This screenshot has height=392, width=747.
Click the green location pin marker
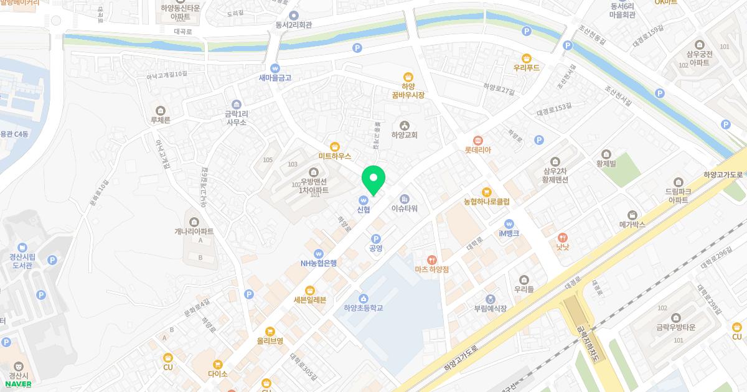click(x=374, y=180)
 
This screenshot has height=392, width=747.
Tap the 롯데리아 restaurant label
click(x=478, y=150)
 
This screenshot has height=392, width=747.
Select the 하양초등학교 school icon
click(x=363, y=297)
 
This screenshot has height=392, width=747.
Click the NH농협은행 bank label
click(x=318, y=263)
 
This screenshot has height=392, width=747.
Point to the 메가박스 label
click(x=632, y=223)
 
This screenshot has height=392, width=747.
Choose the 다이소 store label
click(x=217, y=373)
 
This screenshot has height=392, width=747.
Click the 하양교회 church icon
click(x=405, y=126)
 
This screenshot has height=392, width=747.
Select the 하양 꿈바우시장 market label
click(x=408, y=91)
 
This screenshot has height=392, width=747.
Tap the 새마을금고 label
click(x=275, y=78)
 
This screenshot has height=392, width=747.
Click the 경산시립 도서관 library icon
click(x=22, y=247)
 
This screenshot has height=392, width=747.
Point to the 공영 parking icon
click(x=375, y=239)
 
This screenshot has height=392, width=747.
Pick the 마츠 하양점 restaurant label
click(x=431, y=269)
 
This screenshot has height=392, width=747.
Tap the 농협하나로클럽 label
click(x=486, y=202)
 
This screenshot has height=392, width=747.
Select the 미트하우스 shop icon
click(x=334, y=146)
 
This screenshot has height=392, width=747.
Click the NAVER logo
click(x=18, y=384)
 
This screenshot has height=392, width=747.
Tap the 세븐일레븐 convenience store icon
click(x=309, y=291)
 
